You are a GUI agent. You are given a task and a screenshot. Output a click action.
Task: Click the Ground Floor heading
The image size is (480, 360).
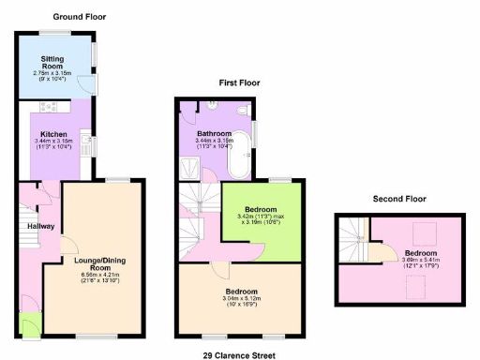click(80, 17)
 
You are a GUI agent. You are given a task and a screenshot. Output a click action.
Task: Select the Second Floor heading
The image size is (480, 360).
click(399, 199)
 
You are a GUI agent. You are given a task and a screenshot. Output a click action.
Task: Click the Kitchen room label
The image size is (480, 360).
click(52, 134)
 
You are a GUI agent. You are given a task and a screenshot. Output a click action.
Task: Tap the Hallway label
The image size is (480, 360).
click(39, 226)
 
